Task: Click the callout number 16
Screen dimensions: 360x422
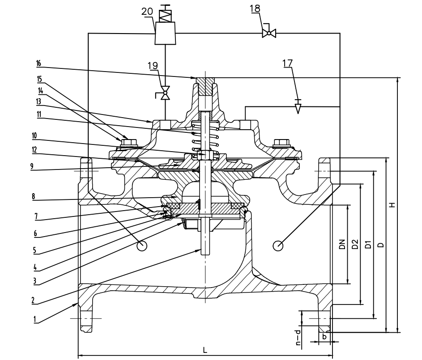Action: tap(39, 64)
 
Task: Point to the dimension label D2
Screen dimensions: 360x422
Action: tap(354, 244)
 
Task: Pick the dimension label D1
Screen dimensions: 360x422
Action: tap(367, 244)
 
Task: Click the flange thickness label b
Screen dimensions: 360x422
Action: tap(324, 336)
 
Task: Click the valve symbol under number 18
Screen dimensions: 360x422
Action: tap(269, 33)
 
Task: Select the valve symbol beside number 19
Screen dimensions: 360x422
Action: tap(165, 94)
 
